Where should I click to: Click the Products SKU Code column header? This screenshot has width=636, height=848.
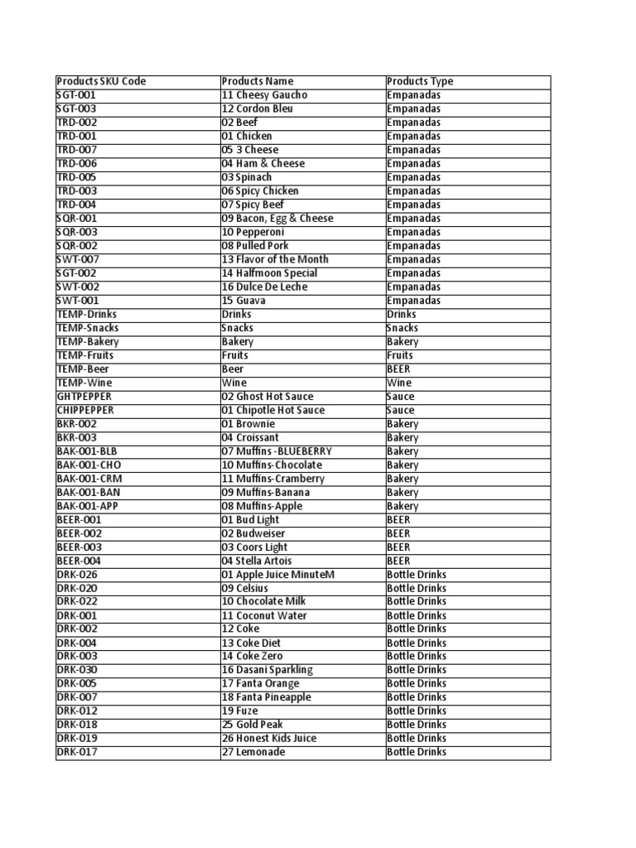click(x=101, y=81)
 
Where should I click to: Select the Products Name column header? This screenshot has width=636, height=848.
click(x=258, y=81)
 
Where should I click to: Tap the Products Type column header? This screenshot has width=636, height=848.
click(x=420, y=81)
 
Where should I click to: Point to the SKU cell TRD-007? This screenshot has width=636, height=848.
click(x=76, y=150)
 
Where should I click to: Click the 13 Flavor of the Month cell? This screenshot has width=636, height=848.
click(x=275, y=259)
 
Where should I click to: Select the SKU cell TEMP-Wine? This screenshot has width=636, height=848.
click(x=84, y=383)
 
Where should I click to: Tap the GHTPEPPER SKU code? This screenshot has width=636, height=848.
click(x=84, y=397)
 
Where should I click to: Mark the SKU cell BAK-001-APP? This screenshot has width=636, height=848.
click(x=87, y=506)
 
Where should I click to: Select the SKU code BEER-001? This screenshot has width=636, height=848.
click(x=79, y=520)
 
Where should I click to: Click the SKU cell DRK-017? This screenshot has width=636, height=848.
click(x=76, y=752)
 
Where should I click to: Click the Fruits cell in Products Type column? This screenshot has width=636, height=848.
click(x=400, y=355)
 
